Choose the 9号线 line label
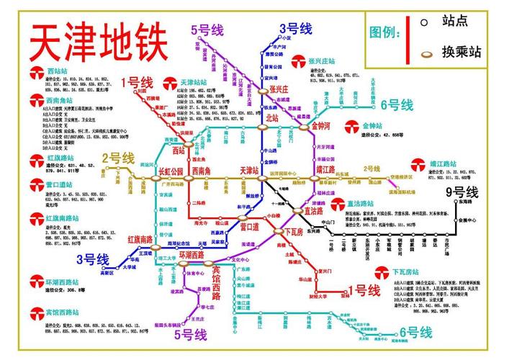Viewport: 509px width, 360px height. click(x=461, y=192)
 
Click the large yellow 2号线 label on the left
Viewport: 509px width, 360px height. click(x=118, y=158)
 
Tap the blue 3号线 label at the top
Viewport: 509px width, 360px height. click(x=295, y=29)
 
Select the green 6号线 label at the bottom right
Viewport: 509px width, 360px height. click(x=416, y=333)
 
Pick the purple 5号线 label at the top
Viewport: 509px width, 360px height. click(x=207, y=30)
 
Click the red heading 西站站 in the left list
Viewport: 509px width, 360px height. click(x=57, y=71)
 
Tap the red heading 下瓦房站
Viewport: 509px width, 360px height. click(x=410, y=272)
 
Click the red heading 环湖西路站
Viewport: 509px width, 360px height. click(x=62, y=280)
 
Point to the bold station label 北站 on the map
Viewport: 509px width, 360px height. click(x=272, y=117)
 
